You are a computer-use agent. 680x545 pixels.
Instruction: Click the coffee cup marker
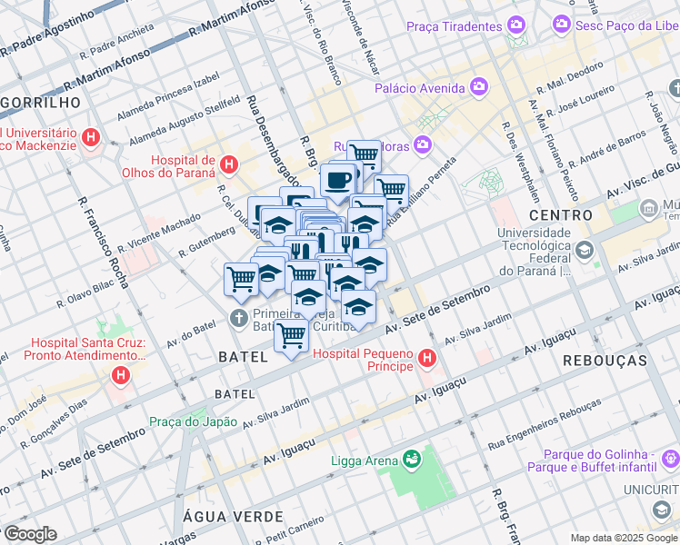click(338, 179)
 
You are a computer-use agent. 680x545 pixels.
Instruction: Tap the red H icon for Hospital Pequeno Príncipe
click(427, 359)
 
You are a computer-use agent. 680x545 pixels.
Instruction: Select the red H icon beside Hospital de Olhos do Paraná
click(229, 165)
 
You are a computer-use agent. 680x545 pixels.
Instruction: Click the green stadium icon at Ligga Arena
click(413, 460)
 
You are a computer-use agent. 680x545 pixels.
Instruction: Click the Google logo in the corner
click(29, 533)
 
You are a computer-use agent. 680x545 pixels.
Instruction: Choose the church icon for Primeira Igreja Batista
click(238, 319)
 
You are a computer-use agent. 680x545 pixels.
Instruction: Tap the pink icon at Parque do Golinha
click(670, 458)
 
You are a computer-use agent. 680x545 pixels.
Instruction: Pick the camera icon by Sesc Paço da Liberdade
click(564, 23)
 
